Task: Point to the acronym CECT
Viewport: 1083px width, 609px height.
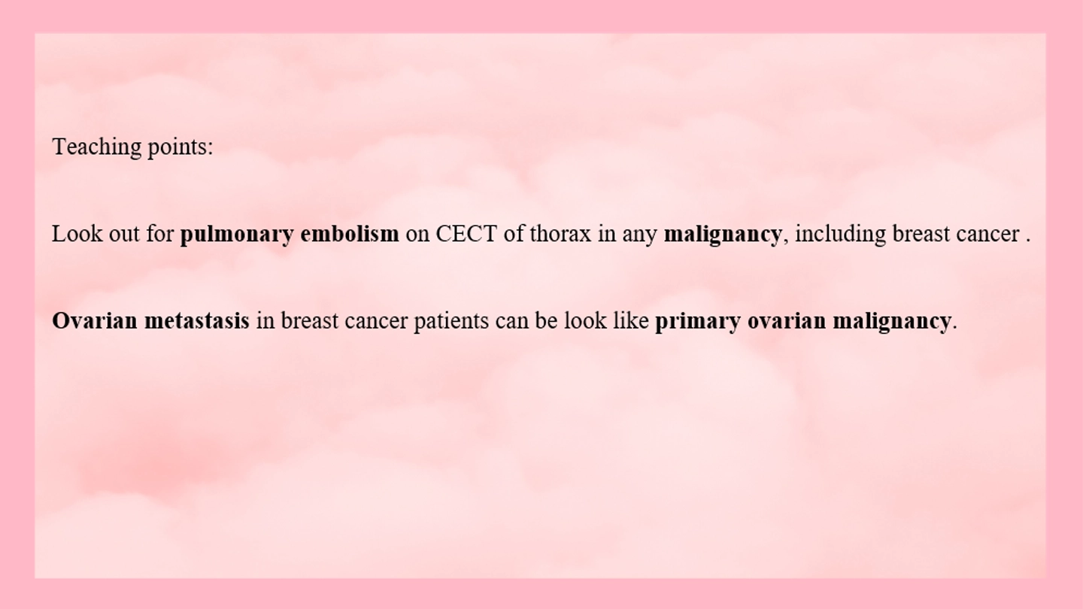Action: [466, 234]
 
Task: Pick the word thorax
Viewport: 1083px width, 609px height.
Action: [560, 234]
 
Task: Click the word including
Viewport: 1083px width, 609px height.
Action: [840, 235]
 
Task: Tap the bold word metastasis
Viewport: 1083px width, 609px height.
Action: [197, 321]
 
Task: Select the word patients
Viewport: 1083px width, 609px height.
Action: [451, 322]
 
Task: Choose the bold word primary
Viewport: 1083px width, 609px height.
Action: [698, 322]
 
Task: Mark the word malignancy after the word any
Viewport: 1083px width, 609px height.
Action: [723, 235]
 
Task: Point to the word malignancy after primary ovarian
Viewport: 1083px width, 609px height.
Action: [891, 322]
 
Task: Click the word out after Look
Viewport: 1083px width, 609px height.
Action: [125, 235]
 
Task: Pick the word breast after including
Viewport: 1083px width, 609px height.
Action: [921, 234]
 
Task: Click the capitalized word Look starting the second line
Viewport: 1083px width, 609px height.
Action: [77, 234]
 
